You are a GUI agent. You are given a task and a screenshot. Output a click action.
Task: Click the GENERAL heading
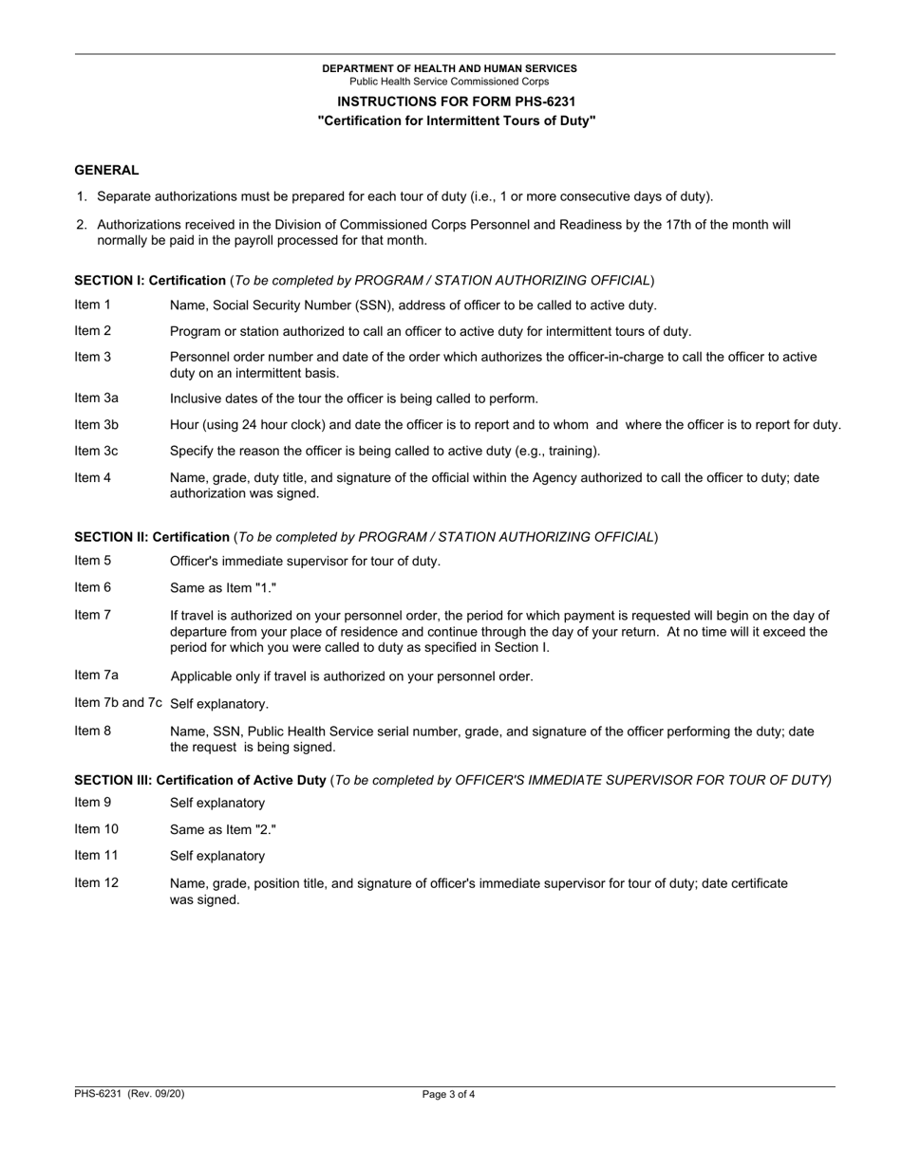tap(106, 171)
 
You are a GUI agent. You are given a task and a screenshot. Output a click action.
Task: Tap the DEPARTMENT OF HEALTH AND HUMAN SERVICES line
tap(449, 68)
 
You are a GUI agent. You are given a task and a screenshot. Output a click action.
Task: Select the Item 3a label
tap(96, 398)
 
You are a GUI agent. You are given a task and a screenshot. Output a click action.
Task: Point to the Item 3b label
tap(96, 425)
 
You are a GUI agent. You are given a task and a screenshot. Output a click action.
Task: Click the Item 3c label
tap(96, 452)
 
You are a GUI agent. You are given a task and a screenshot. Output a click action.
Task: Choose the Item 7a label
tap(96, 676)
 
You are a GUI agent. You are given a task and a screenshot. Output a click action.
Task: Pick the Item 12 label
tap(96, 883)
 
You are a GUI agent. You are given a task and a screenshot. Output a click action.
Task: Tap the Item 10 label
tap(96, 829)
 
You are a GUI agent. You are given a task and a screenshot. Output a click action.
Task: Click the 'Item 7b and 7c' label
tap(118, 703)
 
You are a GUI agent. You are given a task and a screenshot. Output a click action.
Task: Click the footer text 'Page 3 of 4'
tap(449, 1094)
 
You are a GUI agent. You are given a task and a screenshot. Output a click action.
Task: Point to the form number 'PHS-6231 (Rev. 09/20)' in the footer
tap(129, 1094)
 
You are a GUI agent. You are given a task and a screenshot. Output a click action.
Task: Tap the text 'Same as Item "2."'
tap(223, 829)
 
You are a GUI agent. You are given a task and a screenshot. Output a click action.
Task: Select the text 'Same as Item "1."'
tap(223, 588)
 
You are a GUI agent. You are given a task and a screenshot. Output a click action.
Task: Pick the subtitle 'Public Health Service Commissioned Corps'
tap(449, 82)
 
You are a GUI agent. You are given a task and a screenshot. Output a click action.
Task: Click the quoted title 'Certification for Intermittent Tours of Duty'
tap(457, 121)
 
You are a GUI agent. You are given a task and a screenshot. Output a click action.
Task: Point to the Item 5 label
tap(92, 561)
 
